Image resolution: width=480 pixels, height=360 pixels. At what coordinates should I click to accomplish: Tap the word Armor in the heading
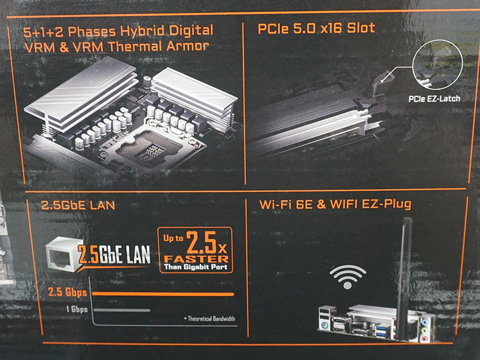coord(188,46)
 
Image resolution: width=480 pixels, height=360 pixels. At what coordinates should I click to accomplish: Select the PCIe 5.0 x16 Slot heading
coord(316,28)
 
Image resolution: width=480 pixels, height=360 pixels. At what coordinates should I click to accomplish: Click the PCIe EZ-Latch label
coord(434,98)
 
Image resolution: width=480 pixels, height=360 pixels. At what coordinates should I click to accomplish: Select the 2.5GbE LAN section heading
coord(78,205)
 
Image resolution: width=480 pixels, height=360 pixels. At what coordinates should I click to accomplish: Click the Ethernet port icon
coord(62,254)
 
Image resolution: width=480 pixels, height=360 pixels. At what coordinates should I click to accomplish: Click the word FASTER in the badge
coord(196,259)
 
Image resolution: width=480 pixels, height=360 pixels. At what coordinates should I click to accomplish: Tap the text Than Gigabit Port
coord(196,267)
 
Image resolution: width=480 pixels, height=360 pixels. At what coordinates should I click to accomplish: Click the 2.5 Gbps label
coord(68,292)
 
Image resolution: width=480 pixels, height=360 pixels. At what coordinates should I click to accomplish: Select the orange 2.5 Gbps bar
coord(163,294)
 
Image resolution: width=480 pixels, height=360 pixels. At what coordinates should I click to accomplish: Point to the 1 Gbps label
coord(77,309)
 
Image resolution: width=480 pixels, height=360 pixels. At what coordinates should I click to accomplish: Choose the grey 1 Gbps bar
coord(122,310)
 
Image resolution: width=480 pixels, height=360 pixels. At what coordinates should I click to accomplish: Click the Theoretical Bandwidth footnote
coord(209,319)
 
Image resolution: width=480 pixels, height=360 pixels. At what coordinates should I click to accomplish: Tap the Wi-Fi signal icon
coord(347,277)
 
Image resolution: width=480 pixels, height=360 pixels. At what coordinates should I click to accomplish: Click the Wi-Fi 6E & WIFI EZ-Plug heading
coord(335,204)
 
